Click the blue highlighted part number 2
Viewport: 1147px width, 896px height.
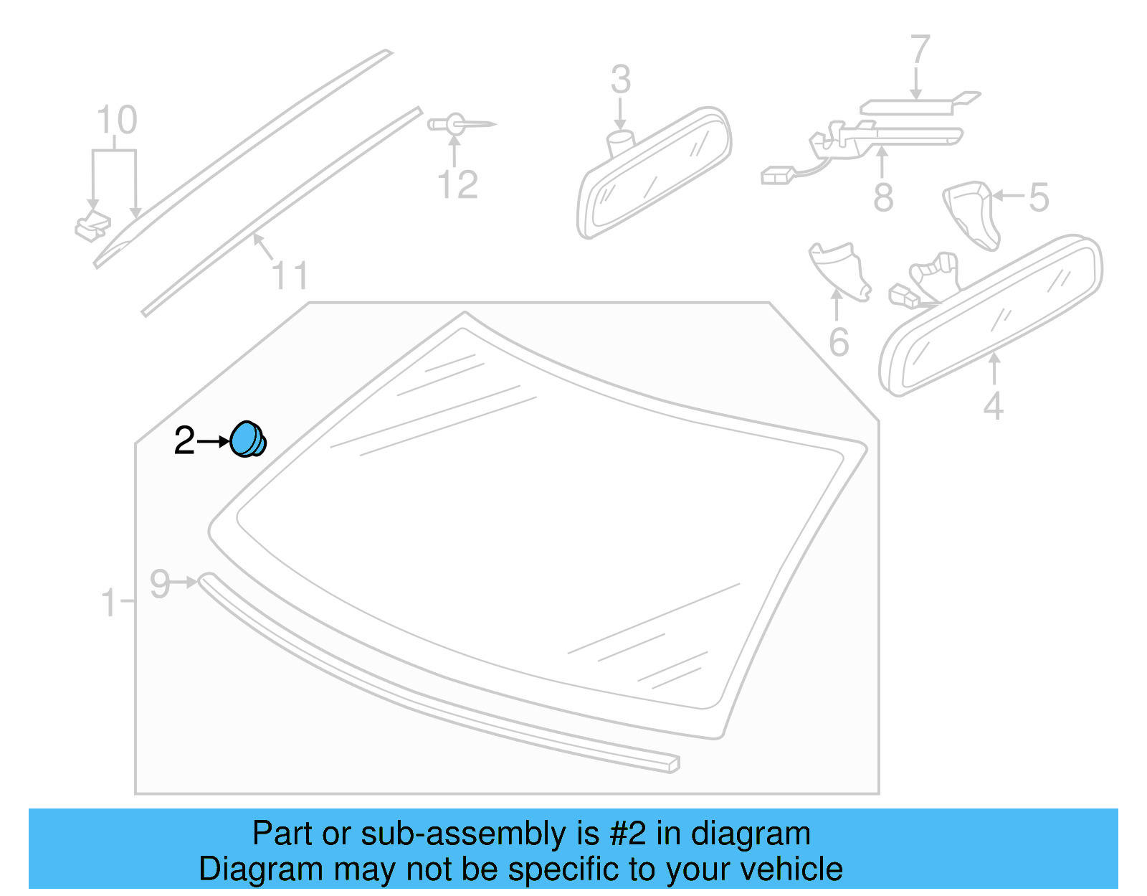click(x=247, y=439)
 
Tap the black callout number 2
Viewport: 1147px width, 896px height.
click(x=184, y=440)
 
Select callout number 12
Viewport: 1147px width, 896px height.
click(x=457, y=185)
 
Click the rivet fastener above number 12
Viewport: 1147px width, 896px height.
click(x=459, y=124)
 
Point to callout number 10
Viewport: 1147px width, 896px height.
click(x=117, y=121)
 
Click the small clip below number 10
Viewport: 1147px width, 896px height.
click(x=92, y=226)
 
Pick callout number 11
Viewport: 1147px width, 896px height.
click(x=290, y=276)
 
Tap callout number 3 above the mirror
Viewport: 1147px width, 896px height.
click(x=621, y=80)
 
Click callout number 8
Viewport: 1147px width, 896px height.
click(x=883, y=197)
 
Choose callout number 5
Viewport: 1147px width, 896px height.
click(x=1039, y=197)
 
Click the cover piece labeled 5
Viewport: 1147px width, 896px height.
click(x=971, y=213)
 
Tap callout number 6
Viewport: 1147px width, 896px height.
click(x=839, y=342)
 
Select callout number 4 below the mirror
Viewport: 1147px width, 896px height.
click(x=993, y=406)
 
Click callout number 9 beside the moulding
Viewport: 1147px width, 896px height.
click(x=160, y=584)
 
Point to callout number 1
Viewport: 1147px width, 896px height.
click(x=108, y=603)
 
